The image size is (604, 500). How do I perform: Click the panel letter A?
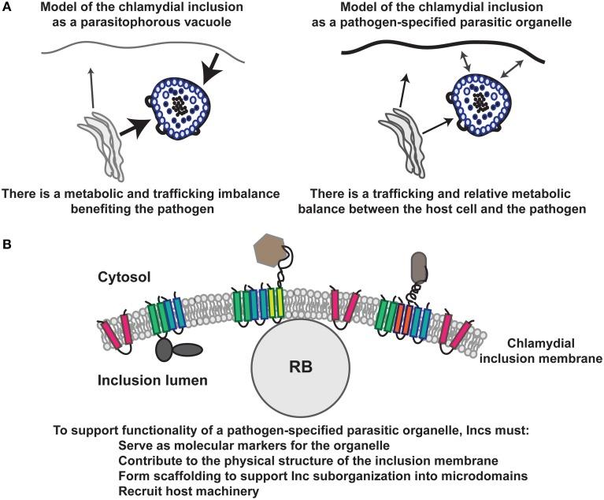[x=7, y=8]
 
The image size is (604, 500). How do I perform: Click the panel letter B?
[x=7, y=248]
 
